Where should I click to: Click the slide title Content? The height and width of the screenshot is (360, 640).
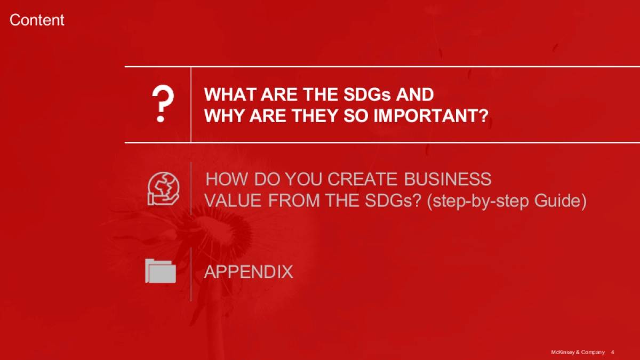pyautogui.click(x=37, y=20)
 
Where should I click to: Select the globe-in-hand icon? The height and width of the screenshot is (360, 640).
pyautogui.click(x=163, y=189)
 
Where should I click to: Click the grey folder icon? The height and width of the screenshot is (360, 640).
pyautogui.click(x=161, y=271)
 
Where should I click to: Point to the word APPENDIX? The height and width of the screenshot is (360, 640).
pyautogui.click(x=249, y=271)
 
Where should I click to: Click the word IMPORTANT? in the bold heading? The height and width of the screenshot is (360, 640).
pyautogui.click(x=431, y=116)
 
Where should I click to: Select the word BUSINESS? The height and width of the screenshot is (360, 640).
pyautogui.click(x=447, y=179)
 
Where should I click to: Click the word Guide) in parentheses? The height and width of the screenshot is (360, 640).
pyautogui.click(x=561, y=201)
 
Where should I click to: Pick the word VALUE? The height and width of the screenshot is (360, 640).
pyautogui.click(x=233, y=201)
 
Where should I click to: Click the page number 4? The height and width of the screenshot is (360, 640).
pyautogui.click(x=613, y=353)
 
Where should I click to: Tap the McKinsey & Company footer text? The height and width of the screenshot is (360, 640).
pyautogui.click(x=578, y=353)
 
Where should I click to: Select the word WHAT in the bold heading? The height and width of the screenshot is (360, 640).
pyautogui.click(x=230, y=94)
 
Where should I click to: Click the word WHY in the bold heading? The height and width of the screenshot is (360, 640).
pyautogui.click(x=225, y=116)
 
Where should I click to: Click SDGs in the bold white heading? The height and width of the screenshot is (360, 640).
pyautogui.click(x=367, y=94)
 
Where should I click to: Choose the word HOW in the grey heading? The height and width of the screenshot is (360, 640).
pyautogui.click(x=227, y=179)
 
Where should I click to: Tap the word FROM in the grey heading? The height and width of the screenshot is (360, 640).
pyautogui.click(x=294, y=201)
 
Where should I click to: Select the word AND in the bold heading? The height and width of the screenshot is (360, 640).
pyautogui.click(x=415, y=94)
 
